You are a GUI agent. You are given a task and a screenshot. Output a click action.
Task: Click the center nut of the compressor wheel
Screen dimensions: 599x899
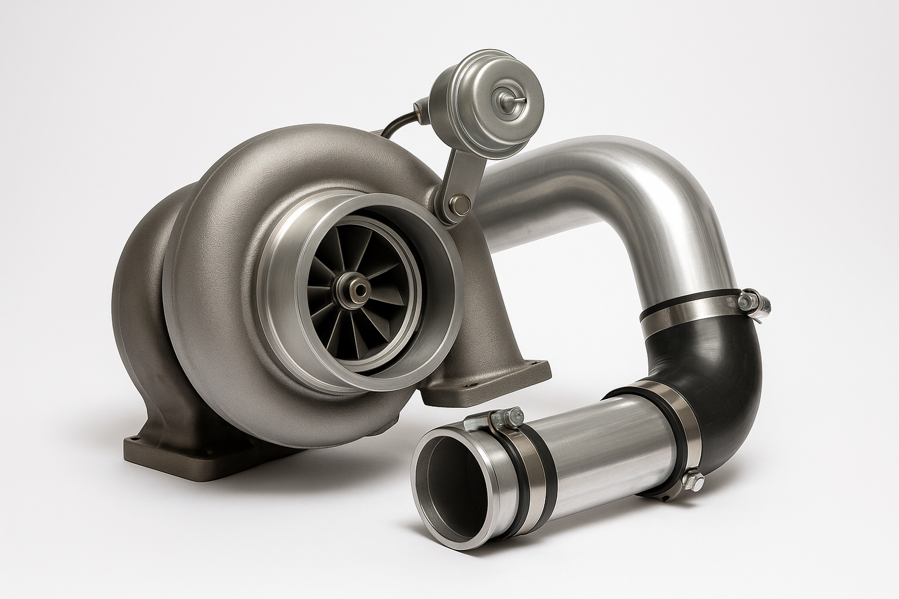tap(360, 289)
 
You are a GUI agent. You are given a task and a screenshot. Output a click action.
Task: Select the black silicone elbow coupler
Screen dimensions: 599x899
tap(719, 353)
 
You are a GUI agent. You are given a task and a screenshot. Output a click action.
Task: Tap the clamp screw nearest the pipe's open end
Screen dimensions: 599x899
tap(503, 416)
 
